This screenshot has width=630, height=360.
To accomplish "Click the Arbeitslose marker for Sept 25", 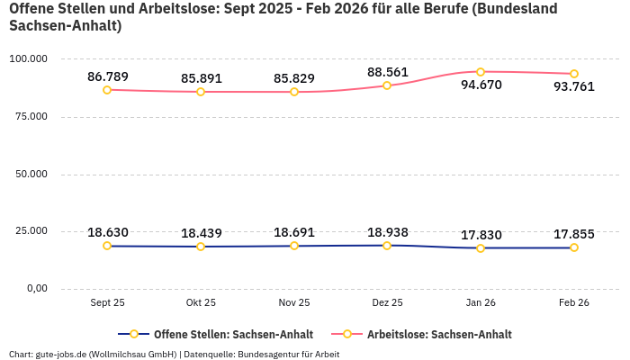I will point(107,90).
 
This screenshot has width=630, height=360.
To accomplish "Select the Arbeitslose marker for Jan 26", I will point(481,72).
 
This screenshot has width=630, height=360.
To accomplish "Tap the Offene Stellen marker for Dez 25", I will point(387,246).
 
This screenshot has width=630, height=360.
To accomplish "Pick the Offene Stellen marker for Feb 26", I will point(574,247).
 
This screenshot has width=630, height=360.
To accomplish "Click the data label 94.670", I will point(481,85).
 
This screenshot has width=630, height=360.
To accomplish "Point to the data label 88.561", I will point(387,72).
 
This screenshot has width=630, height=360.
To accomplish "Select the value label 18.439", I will point(201,233).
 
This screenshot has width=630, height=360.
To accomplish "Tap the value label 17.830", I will point(481,234).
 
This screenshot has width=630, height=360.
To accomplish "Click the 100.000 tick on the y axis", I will point(28,59).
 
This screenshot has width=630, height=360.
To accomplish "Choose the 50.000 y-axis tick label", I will point(31,174).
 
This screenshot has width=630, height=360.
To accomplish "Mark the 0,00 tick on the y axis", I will point(36,289).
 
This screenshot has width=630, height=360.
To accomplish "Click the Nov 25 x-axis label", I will point(293,303).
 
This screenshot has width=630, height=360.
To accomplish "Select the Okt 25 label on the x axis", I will point(201,303).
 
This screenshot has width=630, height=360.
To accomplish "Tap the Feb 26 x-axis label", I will point(574,303).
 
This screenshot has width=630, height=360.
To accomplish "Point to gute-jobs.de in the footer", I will point(60,355).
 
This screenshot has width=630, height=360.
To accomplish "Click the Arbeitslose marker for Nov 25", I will point(294,92).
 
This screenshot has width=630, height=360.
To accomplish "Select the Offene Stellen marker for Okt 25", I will point(201,247).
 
